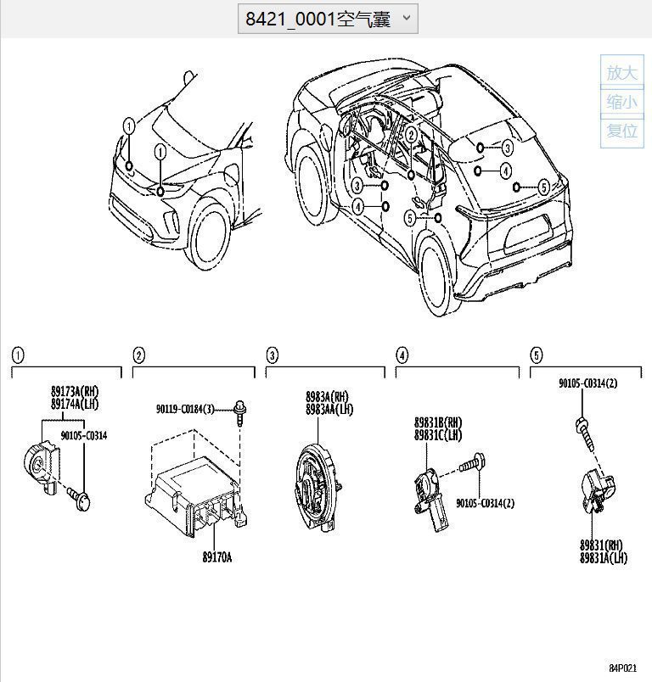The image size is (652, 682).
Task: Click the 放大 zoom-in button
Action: [621, 72]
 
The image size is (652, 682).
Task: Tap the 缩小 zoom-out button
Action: [621, 102]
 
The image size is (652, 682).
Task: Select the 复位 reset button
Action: [621, 131]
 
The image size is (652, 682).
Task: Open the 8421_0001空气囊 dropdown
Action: [328, 19]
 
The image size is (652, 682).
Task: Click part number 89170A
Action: [216, 557]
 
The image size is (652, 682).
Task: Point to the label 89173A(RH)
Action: [74, 392]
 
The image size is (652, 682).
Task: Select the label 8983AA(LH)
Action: [329, 409]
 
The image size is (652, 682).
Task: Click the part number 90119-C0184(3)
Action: [185, 409]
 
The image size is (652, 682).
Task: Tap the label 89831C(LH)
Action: [438, 434]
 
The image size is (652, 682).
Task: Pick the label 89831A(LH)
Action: [604, 557]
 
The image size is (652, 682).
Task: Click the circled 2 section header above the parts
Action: [139, 355]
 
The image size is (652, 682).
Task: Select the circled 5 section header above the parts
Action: [537, 355]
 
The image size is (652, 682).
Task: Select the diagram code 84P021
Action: [622, 668]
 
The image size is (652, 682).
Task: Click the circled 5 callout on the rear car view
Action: [542, 187]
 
